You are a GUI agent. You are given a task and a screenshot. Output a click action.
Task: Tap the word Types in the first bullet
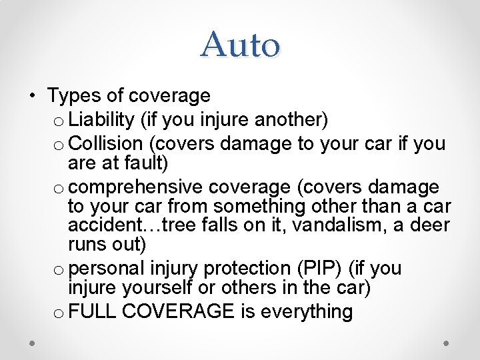(72, 97)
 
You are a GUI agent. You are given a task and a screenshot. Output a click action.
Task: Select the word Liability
(102, 120)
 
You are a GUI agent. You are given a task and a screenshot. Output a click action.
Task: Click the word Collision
(105, 144)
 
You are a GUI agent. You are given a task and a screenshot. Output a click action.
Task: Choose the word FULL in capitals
(93, 311)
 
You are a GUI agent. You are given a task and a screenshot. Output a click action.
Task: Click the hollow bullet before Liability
(59, 121)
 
